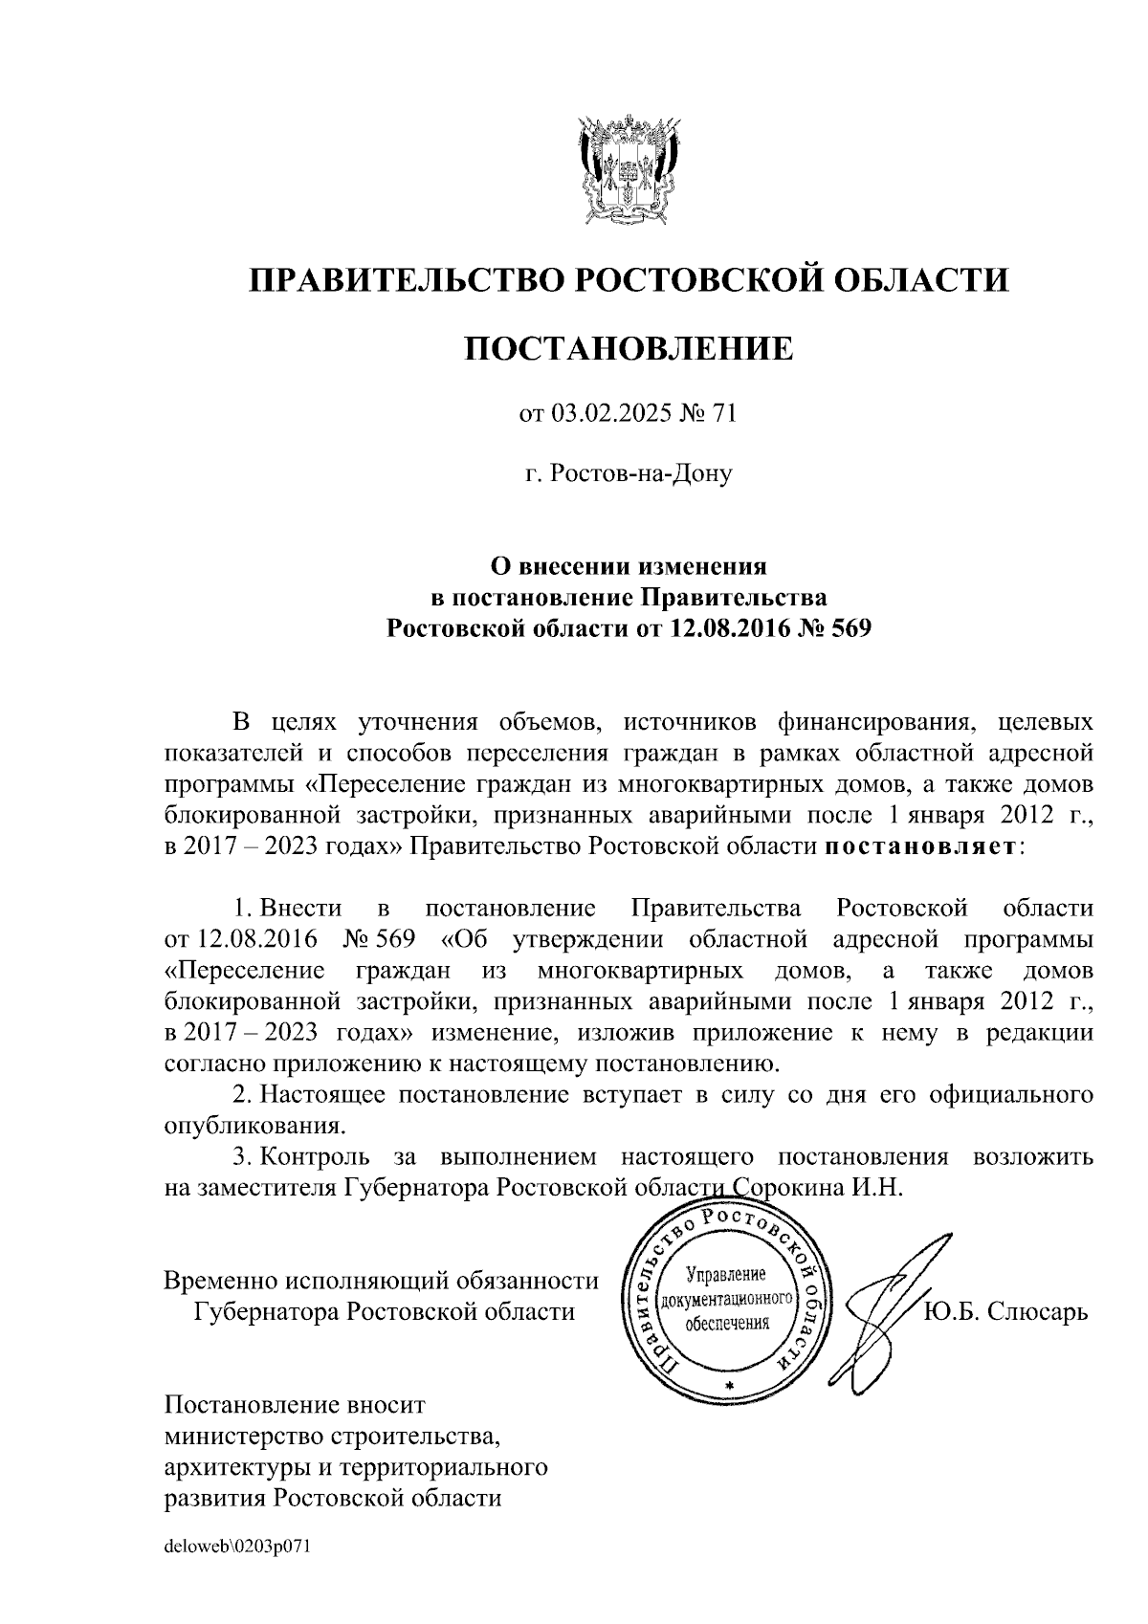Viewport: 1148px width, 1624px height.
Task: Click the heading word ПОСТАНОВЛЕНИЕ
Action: click(x=629, y=348)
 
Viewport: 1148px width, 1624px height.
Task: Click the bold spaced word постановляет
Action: click(x=920, y=846)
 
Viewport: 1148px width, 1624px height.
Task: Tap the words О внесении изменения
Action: click(x=629, y=566)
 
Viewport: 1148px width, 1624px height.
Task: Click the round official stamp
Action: click(x=727, y=1302)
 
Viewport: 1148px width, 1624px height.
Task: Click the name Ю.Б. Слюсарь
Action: click(x=1005, y=1310)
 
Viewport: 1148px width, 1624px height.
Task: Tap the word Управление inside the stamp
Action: click(x=727, y=1276)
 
